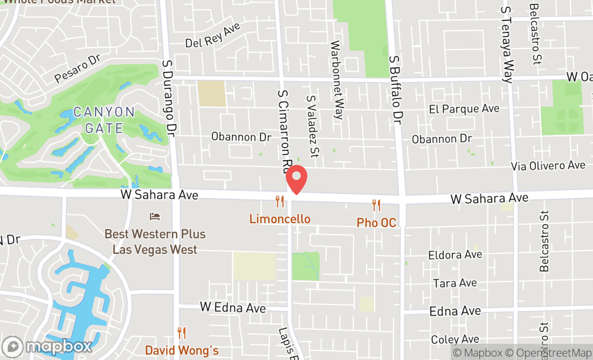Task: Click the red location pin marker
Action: click(x=295, y=179)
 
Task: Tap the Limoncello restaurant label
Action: click(x=280, y=219)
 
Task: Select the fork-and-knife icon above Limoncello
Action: click(x=279, y=202)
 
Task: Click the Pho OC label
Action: click(x=376, y=223)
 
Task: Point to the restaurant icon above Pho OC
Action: click(x=376, y=205)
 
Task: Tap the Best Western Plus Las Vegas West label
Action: click(x=155, y=242)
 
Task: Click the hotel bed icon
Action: click(x=155, y=217)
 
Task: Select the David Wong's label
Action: click(x=182, y=350)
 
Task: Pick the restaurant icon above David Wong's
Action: click(x=182, y=333)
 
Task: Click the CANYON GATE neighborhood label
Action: click(x=104, y=120)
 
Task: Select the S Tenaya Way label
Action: click(x=507, y=44)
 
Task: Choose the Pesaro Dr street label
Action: click(x=78, y=69)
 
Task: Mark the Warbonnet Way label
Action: click(x=337, y=79)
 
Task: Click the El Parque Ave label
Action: click(x=464, y=109)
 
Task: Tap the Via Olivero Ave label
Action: click(x=548, y=165)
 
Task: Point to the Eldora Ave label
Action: click(x=455, y=254)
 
